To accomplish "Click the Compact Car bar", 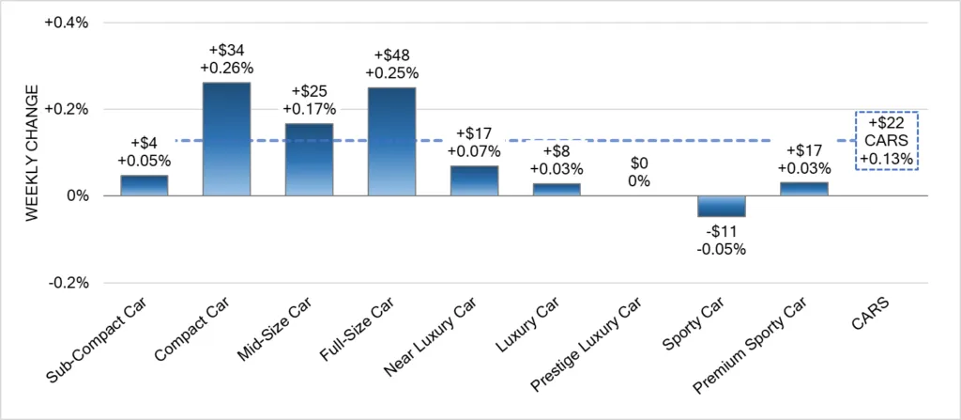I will coord(227,139).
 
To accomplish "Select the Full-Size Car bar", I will coord(391,141).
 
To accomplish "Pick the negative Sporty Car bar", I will coord(721,206).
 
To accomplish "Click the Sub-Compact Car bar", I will coord(145,185).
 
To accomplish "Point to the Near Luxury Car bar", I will coord(474,180).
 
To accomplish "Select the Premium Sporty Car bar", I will coord(803,189).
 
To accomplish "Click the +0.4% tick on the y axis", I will coord(67,23).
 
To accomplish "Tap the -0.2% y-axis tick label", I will coord(69,283).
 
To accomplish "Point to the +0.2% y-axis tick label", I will coord(67,109).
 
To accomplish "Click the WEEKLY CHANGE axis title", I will coord(32,152).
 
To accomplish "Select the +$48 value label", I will coord(391,54).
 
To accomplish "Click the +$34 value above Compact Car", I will coord(227,50).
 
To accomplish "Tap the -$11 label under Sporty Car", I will coord(721,231).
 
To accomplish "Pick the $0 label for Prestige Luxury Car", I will coord(639,162).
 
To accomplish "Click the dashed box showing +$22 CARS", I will coord(886,141).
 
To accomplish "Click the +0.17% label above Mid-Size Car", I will coord(310,109).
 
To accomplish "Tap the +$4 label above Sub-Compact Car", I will coord(145,143).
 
